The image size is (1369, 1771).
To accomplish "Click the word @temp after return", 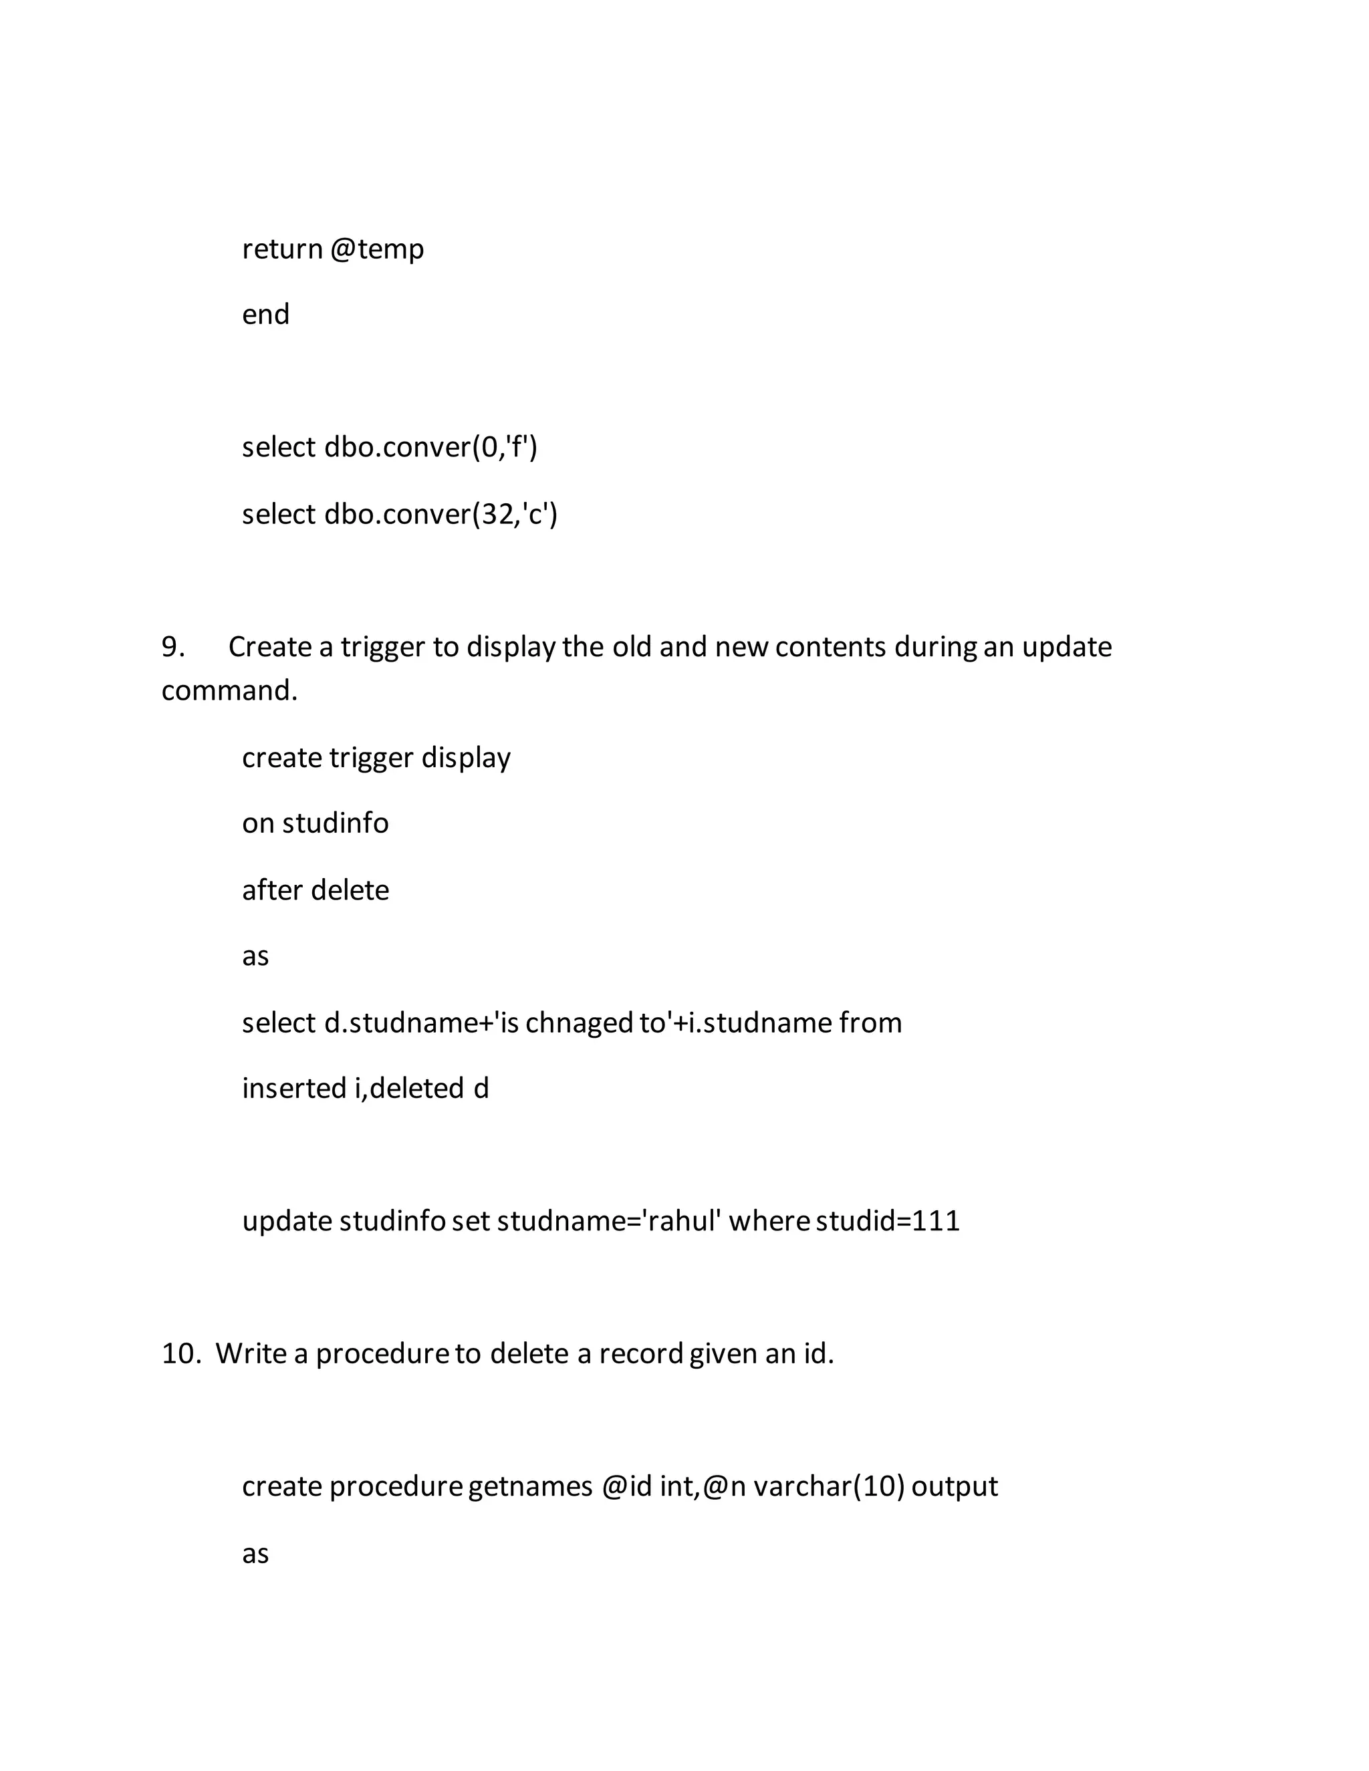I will pos(377,249).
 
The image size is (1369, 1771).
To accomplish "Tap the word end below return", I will pos(265,315).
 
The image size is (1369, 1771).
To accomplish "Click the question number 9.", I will pos(172,647).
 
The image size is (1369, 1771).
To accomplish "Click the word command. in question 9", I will pos(229,691).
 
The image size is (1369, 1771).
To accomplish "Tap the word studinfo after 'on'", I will pos(336,824).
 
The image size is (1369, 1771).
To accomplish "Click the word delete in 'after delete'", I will pos(350,890).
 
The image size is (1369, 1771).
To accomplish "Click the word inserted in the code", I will pos(295,1088).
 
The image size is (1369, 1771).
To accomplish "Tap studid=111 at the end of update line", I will pos(887,1221).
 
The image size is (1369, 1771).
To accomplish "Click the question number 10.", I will pos(181,1354).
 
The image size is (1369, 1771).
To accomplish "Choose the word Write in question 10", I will pos(251,1354).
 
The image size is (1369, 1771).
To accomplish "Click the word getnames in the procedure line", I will pos(530,1487).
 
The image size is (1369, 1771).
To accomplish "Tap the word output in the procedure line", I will pos(955,1487).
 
